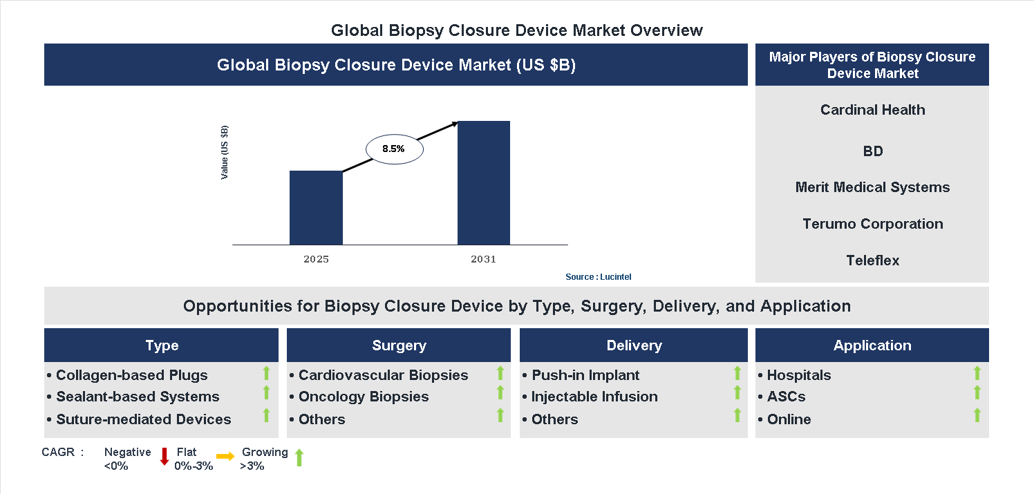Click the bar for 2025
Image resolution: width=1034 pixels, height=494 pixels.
pos(316,207)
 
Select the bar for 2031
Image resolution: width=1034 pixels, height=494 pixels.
pos(484,182)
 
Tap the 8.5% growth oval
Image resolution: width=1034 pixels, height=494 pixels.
pos(393,149)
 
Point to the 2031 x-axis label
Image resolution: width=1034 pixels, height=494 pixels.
pos(483,260)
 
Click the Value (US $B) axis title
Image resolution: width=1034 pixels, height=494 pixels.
pos(225,153)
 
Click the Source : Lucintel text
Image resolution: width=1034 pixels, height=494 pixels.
pos(598,277)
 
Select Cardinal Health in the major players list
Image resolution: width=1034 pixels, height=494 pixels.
pos(872,110)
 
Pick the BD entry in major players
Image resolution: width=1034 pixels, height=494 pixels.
pos(872,151)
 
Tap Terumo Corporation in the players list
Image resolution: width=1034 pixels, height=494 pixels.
pos(872,224)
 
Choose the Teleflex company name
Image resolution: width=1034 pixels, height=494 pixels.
pos(872,260)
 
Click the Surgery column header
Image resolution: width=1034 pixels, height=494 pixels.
pos(399,345)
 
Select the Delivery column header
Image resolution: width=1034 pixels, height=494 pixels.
pos(634,345)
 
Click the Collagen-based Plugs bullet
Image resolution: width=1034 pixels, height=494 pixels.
pos(131,375)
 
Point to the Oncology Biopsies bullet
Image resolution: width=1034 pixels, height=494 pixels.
pos(364,397)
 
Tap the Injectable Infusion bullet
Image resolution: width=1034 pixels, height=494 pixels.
pos(594,397)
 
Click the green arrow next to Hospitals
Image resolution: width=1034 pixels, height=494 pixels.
pos(977,374)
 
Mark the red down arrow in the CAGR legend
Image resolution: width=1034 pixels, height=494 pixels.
pos(164,456)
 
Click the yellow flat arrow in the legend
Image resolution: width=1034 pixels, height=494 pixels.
pos(225,457)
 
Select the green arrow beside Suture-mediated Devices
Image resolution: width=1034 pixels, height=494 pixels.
pos(266,415)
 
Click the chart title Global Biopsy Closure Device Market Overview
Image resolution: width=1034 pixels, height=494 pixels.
pos(516,30)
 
